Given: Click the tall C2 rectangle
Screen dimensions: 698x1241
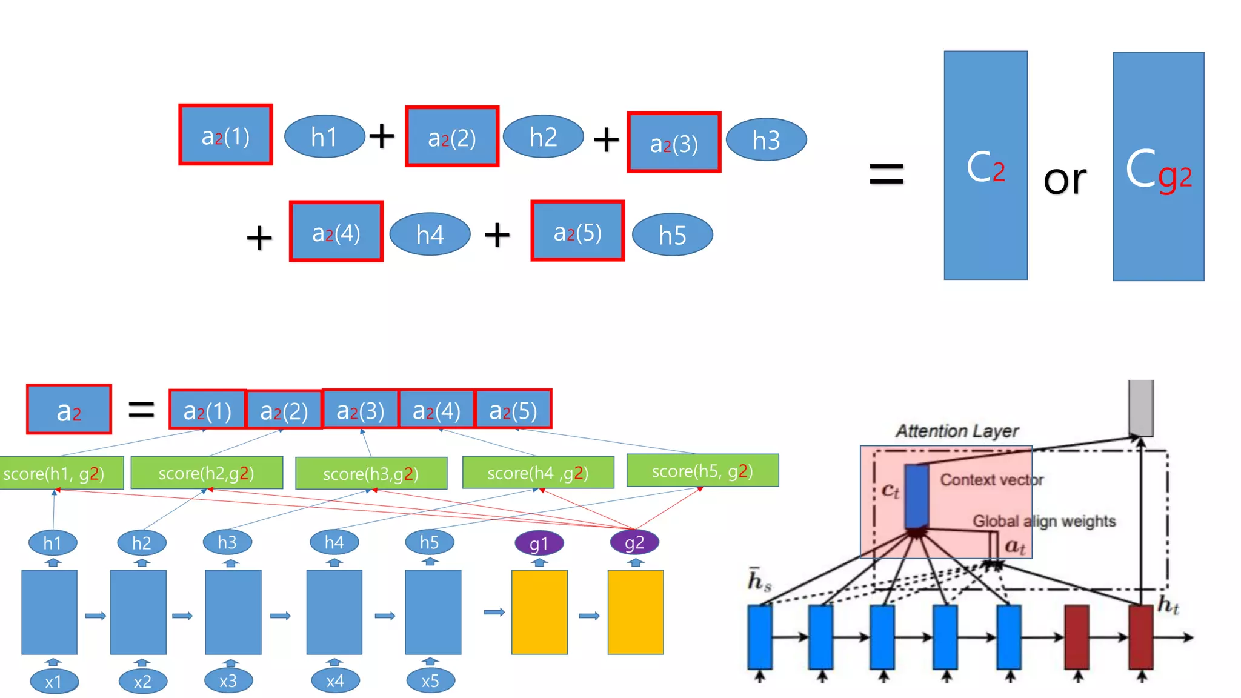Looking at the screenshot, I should tap(985, 165).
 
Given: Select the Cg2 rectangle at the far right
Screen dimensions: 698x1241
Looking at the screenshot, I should tap(1158, 167).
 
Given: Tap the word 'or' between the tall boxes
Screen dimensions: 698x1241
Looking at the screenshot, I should tap(1065, 179).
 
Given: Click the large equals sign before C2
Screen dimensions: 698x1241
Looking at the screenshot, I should tap(886, 174).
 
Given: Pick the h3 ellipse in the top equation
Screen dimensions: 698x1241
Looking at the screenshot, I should tap(766, 140).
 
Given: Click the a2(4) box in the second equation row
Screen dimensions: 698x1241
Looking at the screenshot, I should tap(336, 231).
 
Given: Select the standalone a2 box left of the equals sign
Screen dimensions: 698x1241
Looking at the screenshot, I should tap(69, 410).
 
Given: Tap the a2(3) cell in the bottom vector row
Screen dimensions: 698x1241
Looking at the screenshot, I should tap(361, 410).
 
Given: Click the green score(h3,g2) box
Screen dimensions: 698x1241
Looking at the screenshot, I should tap(371, 473).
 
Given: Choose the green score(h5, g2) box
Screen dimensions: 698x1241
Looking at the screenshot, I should tap(702, 471).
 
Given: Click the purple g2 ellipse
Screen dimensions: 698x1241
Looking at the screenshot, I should tap(634, 542).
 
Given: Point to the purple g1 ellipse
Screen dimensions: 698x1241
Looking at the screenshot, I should tap(539, 543).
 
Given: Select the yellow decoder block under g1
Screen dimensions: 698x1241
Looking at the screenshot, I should tap(539, 612).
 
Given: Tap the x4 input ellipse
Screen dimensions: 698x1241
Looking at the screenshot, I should tap(334, 681).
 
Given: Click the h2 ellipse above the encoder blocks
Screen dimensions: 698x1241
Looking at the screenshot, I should tap(141, 542).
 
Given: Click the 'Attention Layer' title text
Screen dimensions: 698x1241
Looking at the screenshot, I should tap(957, 431).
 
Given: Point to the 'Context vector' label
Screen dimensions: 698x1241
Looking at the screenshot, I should tap(991, 480).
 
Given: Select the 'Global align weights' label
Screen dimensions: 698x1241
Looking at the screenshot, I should tap(1043, 521).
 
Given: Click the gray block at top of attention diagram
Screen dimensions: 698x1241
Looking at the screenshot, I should tap(1140, 407).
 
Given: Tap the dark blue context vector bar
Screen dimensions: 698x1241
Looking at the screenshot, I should tap(916, 496).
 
